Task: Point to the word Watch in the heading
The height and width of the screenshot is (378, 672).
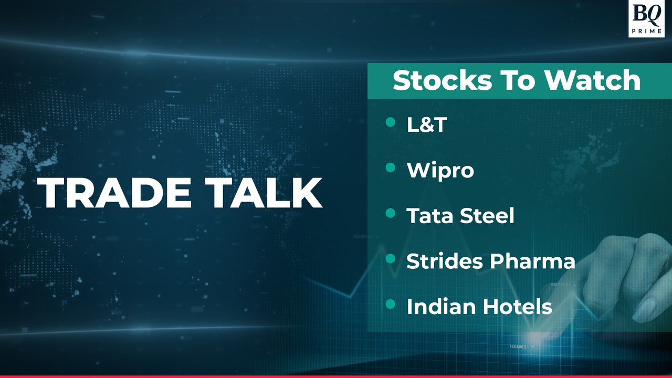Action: coord(592,81)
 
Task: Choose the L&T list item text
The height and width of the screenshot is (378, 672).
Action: coord(426,124)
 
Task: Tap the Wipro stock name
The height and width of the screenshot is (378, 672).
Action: coord(440,171)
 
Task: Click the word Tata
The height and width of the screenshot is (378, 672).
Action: coord(429,216)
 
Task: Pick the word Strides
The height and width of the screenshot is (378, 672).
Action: coord(445,261)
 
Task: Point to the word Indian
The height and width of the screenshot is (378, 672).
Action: coord(438,307)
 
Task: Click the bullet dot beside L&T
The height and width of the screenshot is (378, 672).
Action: coord(390,122)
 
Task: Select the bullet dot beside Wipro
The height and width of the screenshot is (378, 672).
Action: coord(390,168)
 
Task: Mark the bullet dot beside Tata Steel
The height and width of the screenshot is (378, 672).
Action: coord(390,213)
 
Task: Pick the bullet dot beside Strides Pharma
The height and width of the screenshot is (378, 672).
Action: coord(390,259)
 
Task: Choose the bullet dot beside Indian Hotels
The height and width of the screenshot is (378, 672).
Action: coord(390,304)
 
